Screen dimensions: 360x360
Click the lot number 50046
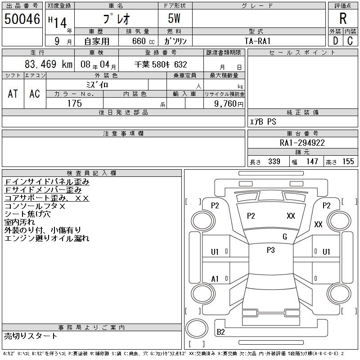coord(22,19)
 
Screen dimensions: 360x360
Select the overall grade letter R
coord(343,18)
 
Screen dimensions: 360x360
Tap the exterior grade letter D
coord(335,41)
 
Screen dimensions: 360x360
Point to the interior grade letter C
coord(350,41)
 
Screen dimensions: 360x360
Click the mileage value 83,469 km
coord(49,64)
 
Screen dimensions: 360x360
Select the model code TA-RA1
coord(257,41)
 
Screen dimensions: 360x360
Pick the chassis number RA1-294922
coord(302,143)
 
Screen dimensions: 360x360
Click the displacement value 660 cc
coord(144,41)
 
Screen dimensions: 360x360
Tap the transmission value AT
coord(13,94)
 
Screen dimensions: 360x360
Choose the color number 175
coord(75,103)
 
